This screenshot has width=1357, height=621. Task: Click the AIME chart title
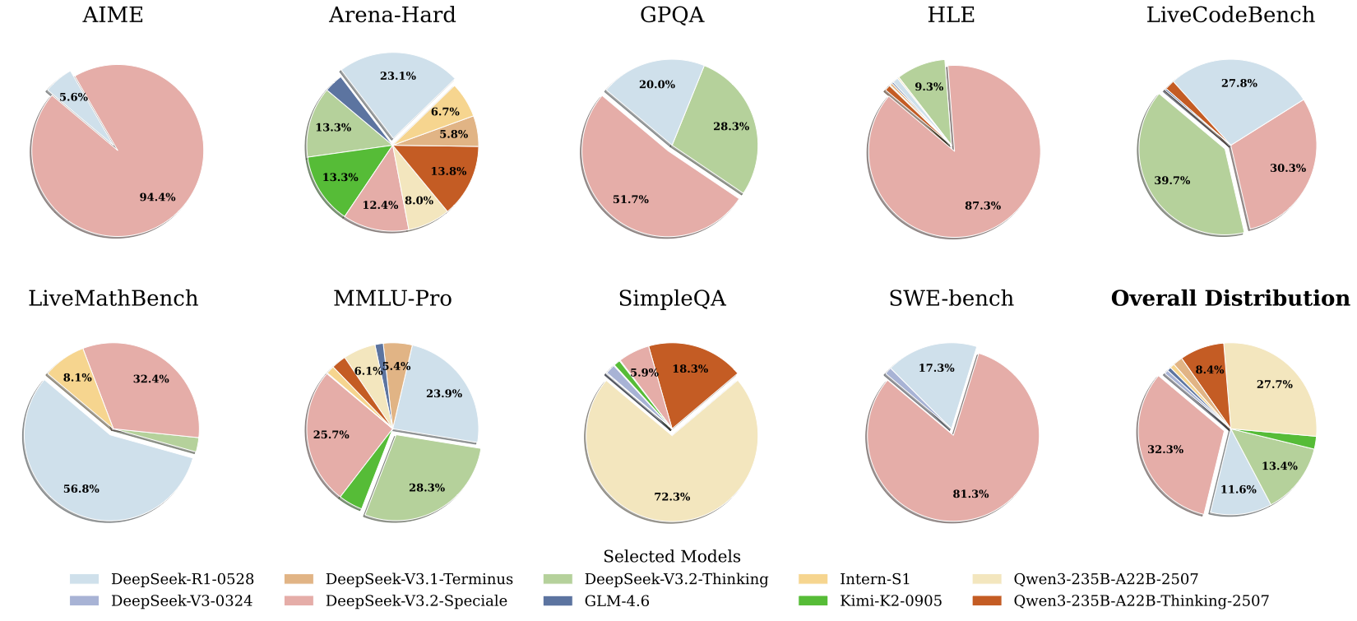[113, 16]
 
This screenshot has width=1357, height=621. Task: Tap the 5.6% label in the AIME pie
[73, 97]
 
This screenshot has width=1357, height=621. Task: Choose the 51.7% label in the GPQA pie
[631, 200]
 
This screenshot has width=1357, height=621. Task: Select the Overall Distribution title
[1230, 299]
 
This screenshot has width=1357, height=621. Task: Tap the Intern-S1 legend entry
[875, 580]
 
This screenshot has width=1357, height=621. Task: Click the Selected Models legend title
[672, 557]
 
